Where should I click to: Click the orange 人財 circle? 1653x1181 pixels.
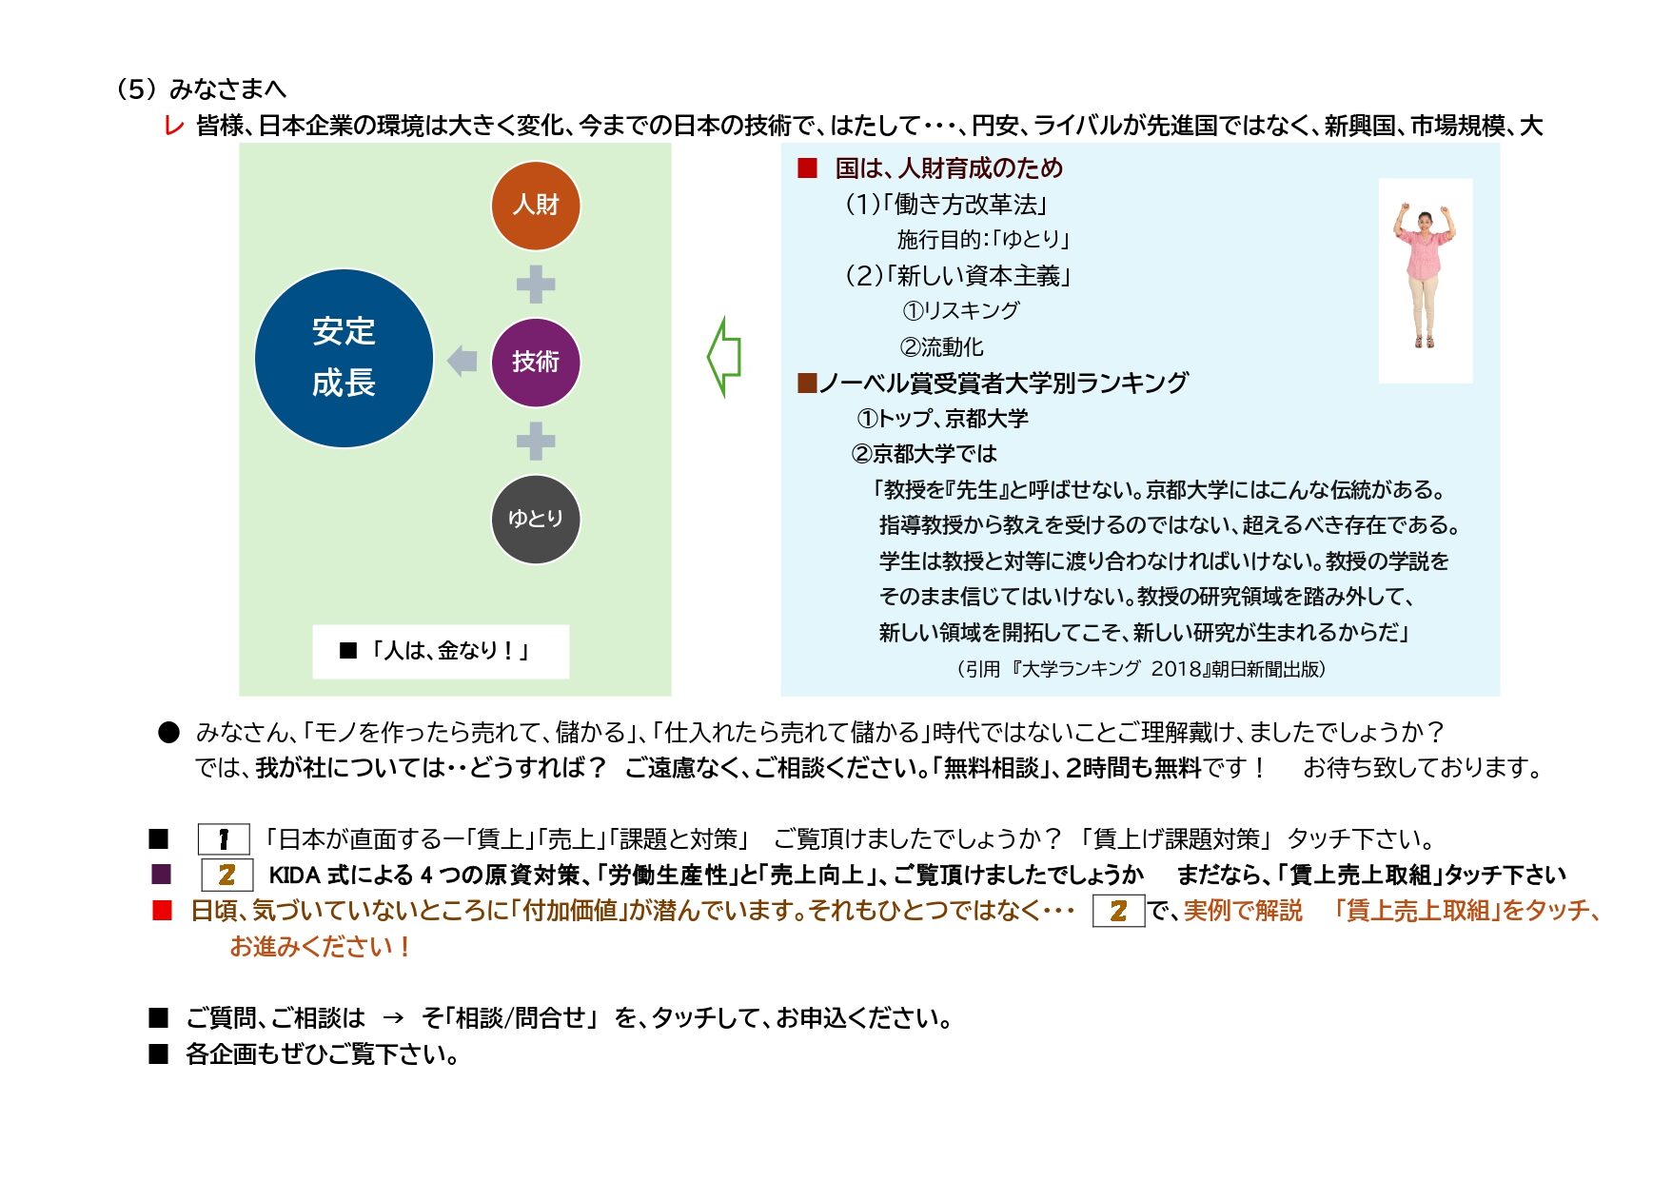[x=535, y=206]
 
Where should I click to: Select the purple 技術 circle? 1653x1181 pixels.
[x=535, y=363]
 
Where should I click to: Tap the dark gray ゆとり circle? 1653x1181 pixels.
[x=535, y=519]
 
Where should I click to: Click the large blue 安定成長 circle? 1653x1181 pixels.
[x=344, y=358]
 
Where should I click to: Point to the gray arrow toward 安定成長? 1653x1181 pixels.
[x=462, y=361]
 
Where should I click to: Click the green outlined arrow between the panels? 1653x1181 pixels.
[x=724, y=357]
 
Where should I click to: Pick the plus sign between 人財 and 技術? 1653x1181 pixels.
[x=535, y=284]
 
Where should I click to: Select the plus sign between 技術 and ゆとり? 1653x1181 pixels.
[x=535, y=441]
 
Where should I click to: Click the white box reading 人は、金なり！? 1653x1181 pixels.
[x=440, y=651]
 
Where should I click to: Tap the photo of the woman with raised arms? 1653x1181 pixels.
[x=1425, y=280]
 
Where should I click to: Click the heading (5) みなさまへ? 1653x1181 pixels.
[x=200, y=89]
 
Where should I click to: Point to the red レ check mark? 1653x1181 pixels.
[x=173, y=127]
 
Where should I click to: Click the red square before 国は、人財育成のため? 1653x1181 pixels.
[x=807, y=168]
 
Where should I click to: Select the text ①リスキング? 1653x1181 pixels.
[x=960, y=311]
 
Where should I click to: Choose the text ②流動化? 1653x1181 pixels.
[x=941, y=347]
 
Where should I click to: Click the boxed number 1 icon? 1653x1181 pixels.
[x=224, y=839]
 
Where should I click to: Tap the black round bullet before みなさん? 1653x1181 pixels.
[x=168, y=732]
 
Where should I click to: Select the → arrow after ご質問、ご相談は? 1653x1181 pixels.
[x=392, y=1018]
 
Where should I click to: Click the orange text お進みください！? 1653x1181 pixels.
[x=320, y=947]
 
